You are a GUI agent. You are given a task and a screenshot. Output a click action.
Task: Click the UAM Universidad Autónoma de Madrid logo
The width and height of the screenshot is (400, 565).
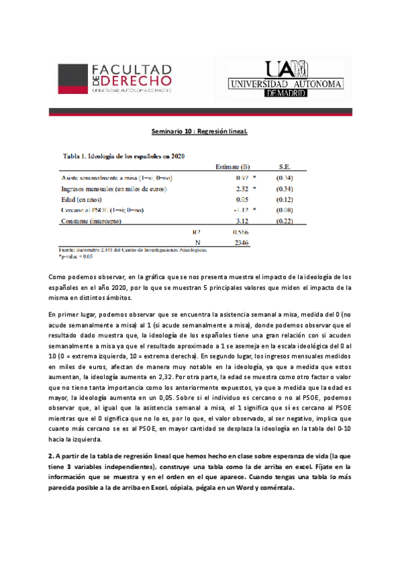point(285,79)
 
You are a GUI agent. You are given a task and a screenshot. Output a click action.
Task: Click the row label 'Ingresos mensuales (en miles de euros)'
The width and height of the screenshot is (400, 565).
point(114,189)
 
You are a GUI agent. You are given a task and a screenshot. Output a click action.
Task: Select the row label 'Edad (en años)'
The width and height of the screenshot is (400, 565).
point(82,199)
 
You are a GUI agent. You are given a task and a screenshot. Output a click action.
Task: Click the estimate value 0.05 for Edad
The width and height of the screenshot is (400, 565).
point(242,199)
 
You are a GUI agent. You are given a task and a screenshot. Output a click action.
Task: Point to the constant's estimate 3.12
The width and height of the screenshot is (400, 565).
point(242,221)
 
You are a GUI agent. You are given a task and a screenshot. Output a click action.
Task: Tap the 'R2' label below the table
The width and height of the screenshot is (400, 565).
point(196,232)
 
